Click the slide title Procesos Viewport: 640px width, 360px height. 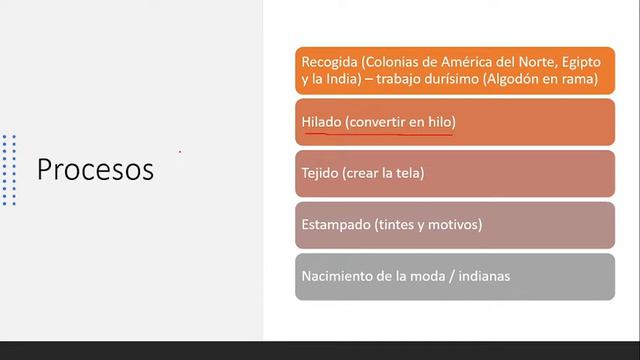[95, 169]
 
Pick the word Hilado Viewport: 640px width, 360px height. [322, 122]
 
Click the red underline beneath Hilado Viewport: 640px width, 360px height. [377, 132]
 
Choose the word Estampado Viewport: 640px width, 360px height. [335, 224]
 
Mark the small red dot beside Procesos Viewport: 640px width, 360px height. [180, 152]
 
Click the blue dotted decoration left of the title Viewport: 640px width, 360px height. [9, 170]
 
